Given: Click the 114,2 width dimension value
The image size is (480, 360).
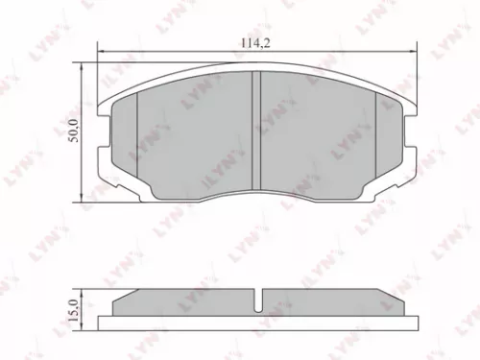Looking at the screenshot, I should click(x=252, y=41).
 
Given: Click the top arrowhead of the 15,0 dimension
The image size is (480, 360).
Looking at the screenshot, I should click(x=84, y=292).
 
